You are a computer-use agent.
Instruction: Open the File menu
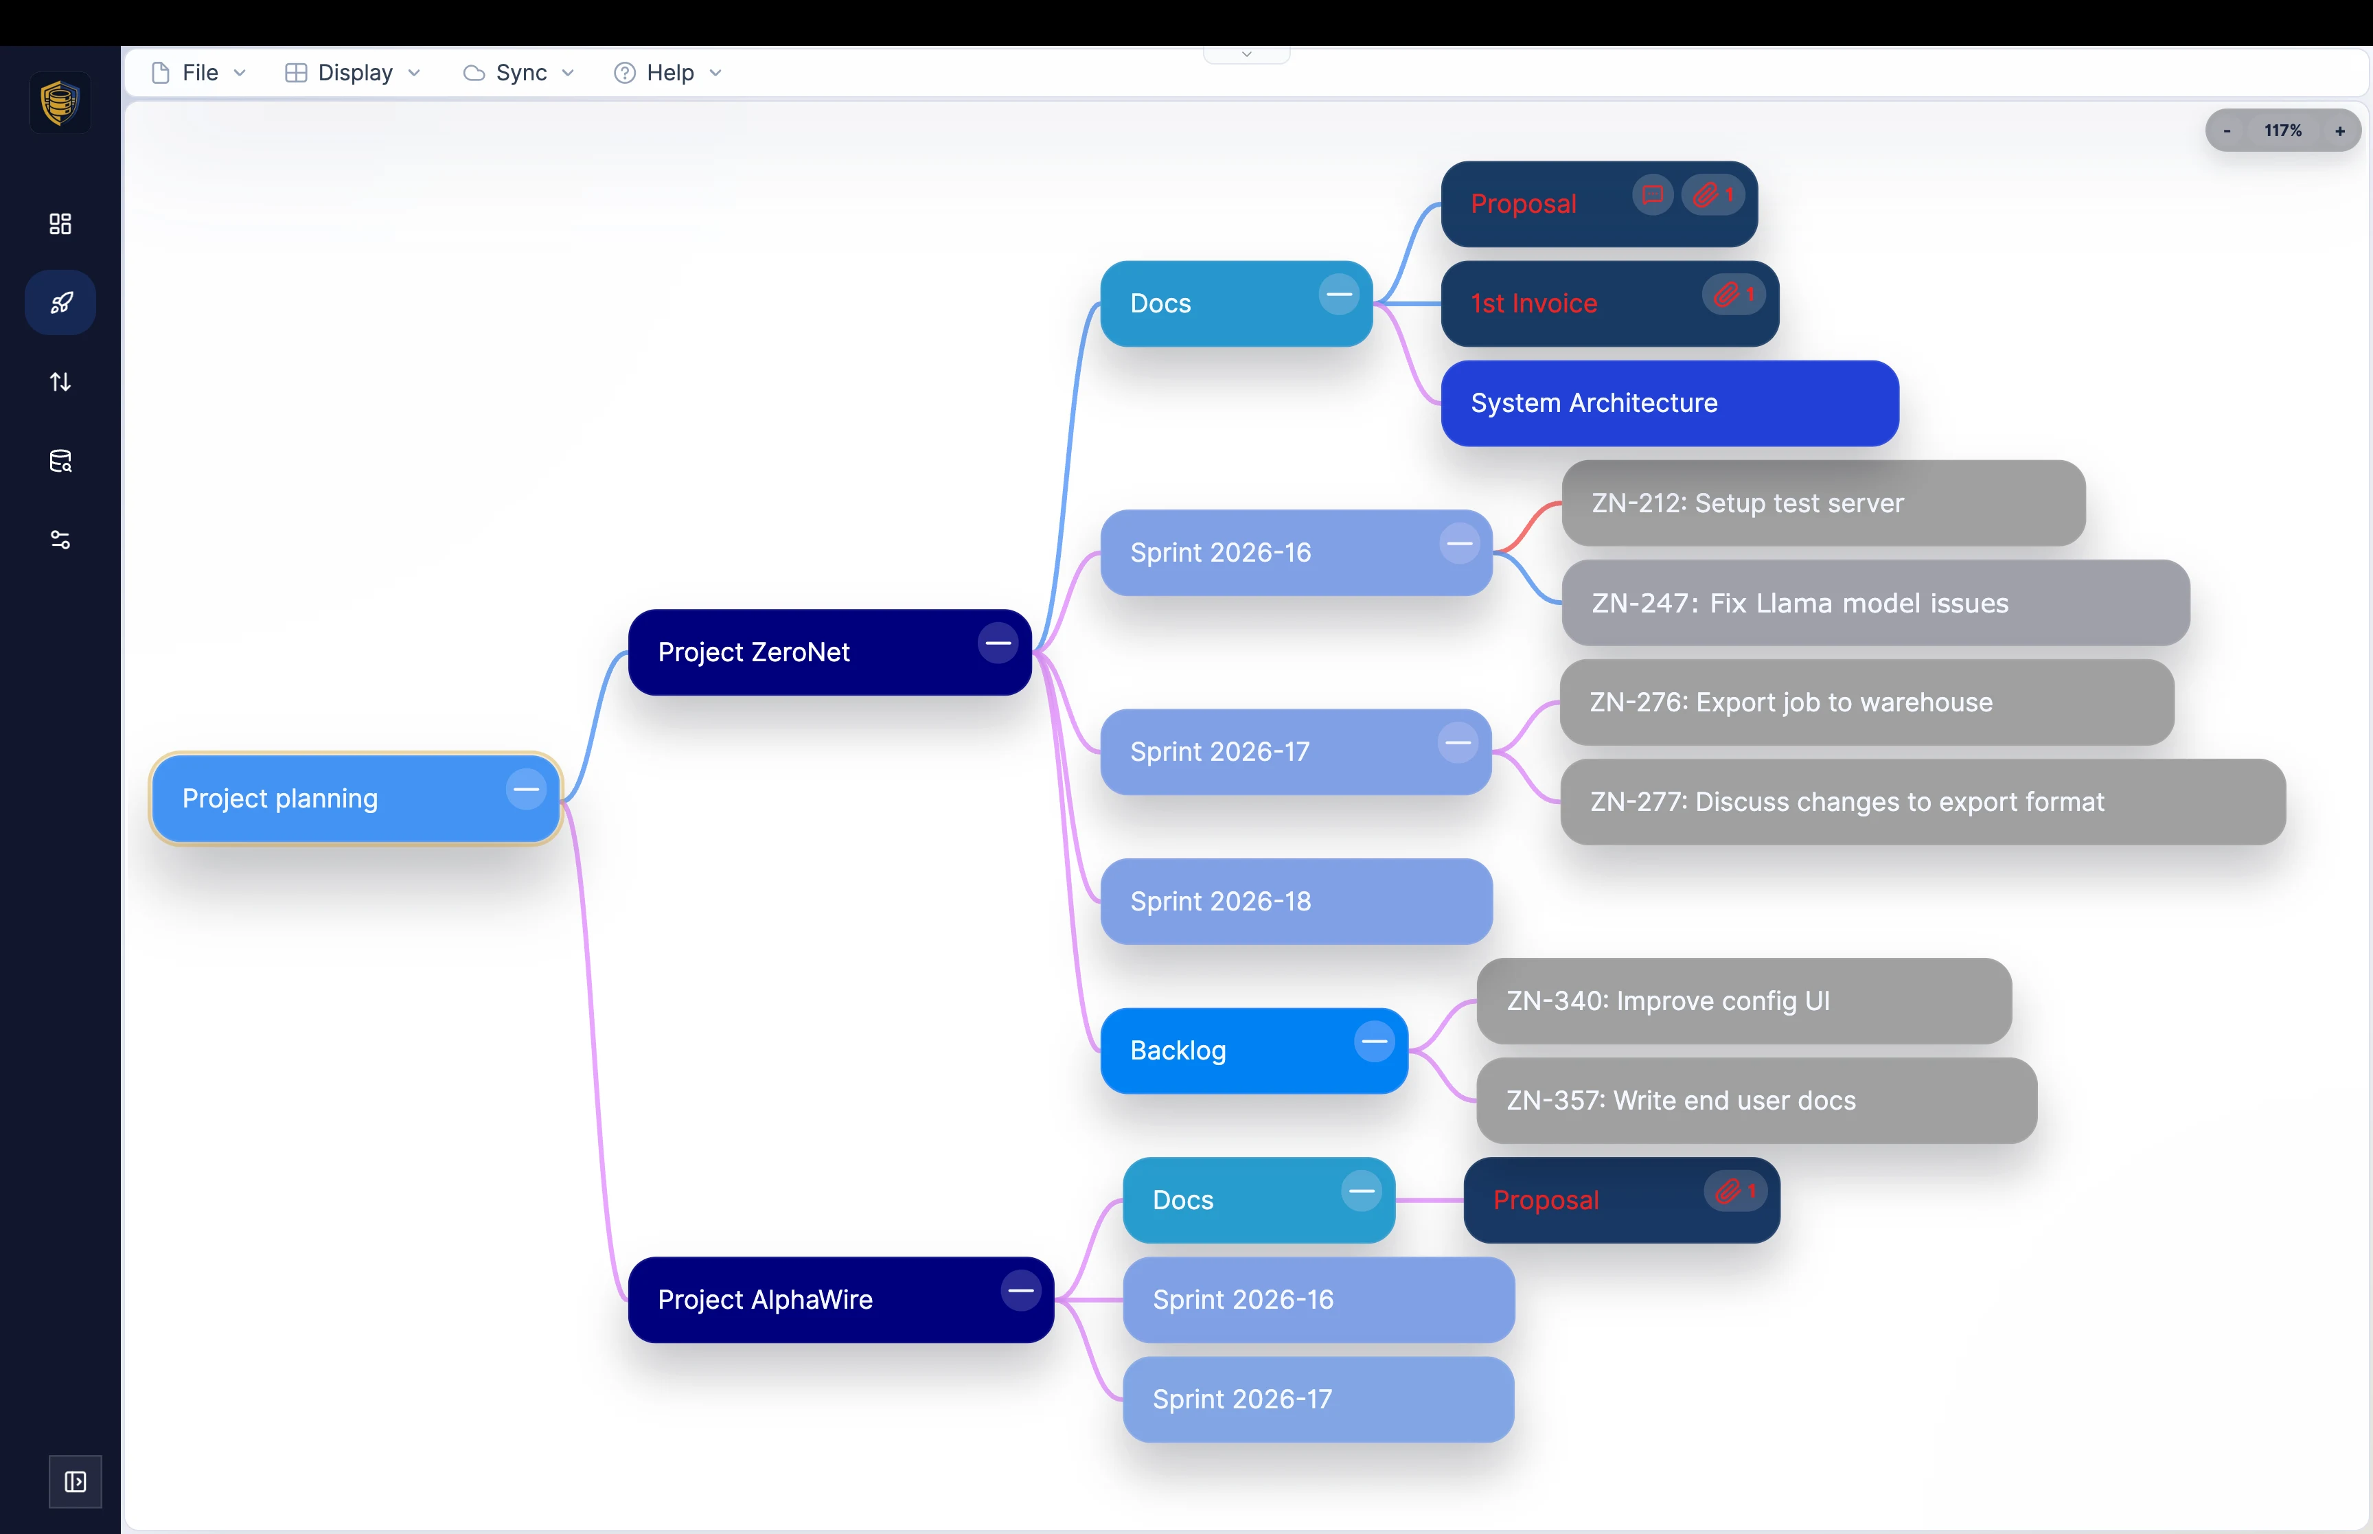tap(199, 73)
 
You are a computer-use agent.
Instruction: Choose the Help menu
tap(668, 73)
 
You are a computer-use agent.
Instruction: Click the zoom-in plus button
tap(2339, 130)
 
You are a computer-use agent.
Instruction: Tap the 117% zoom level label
tap(2282, 130)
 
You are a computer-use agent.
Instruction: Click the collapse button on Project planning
tap(526, 790)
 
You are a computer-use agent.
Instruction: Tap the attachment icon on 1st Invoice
tap(1728, 295)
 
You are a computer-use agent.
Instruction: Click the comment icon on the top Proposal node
tap(1652, 194)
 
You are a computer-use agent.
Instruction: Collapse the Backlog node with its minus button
tap(1374, 1042)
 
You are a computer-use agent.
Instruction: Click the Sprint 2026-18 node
tap(1294, 902)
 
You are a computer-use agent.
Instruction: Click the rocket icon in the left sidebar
tap(60, 303)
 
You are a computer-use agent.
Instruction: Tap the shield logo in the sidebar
tap(60, 102)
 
